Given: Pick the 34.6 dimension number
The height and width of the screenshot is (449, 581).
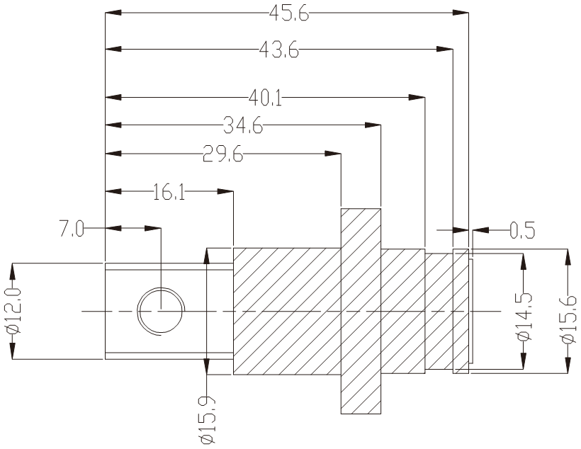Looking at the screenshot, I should (243, 126).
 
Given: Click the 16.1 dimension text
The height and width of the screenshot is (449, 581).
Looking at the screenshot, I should (168, 192).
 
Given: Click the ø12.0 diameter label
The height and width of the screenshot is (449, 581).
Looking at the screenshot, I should (12, 312).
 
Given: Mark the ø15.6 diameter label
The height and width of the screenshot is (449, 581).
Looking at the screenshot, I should (566, 319).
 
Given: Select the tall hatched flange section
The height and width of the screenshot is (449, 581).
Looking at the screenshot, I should (361, 312).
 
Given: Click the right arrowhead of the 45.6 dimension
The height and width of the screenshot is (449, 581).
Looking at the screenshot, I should (461, 13).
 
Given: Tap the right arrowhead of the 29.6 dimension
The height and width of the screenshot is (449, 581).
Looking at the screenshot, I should (332, 154).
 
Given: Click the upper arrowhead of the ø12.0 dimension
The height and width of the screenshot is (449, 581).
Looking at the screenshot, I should (12, 270).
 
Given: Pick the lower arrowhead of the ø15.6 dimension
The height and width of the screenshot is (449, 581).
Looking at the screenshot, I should (566, 365).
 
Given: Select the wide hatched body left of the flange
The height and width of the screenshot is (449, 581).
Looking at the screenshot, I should (287, 312).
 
